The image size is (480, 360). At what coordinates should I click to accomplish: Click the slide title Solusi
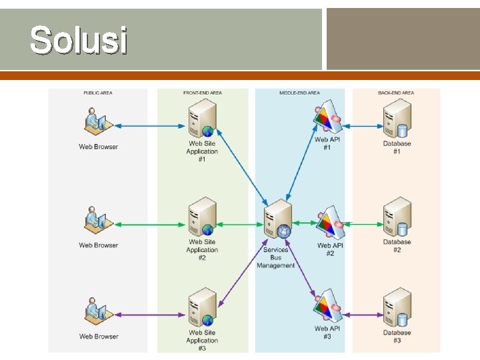78,40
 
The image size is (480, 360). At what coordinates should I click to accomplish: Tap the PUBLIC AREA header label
97,93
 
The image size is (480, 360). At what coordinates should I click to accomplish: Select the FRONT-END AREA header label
202,93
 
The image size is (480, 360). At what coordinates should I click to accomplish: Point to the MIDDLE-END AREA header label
299,93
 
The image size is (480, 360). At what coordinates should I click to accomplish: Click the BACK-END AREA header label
396,93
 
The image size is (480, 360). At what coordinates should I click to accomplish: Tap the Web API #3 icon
327,308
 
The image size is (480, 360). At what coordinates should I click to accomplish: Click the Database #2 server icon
397,218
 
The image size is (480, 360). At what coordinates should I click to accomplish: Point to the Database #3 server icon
397,309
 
